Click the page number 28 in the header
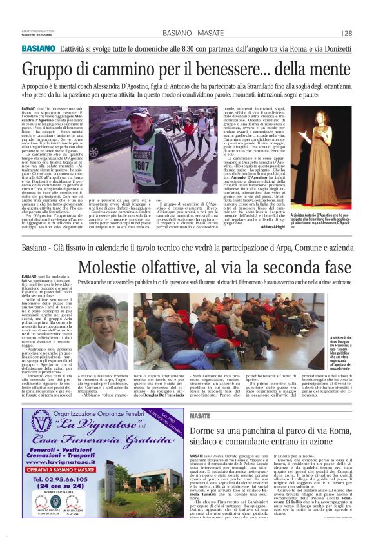click(348, 34)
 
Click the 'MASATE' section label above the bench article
click(201, 417)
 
